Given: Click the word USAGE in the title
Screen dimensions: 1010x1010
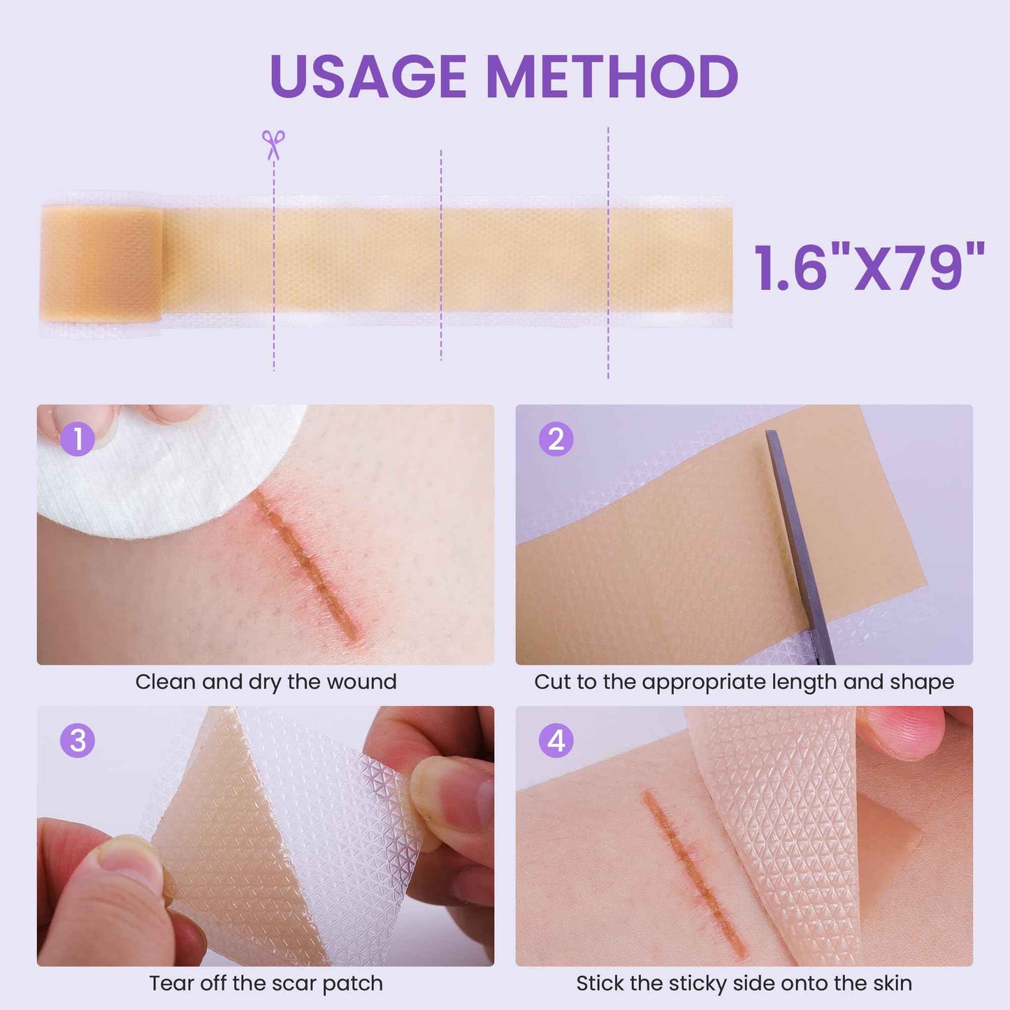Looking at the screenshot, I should click(x=368, y=76).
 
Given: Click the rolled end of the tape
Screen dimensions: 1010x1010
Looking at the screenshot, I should click(x=101, y=264).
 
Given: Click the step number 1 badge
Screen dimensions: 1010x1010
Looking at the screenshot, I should click(x=77, y=439).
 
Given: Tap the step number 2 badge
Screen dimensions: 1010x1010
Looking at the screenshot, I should click(x=556, y=439).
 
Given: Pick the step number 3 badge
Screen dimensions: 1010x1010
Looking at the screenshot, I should click(x=77, y=741).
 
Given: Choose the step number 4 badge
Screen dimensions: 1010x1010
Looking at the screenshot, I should click(x=556, y=741).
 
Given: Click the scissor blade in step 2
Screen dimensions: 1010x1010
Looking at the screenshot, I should click(x=800, y=545).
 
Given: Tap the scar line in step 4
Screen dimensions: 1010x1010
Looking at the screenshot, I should click(x=692, y=874).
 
